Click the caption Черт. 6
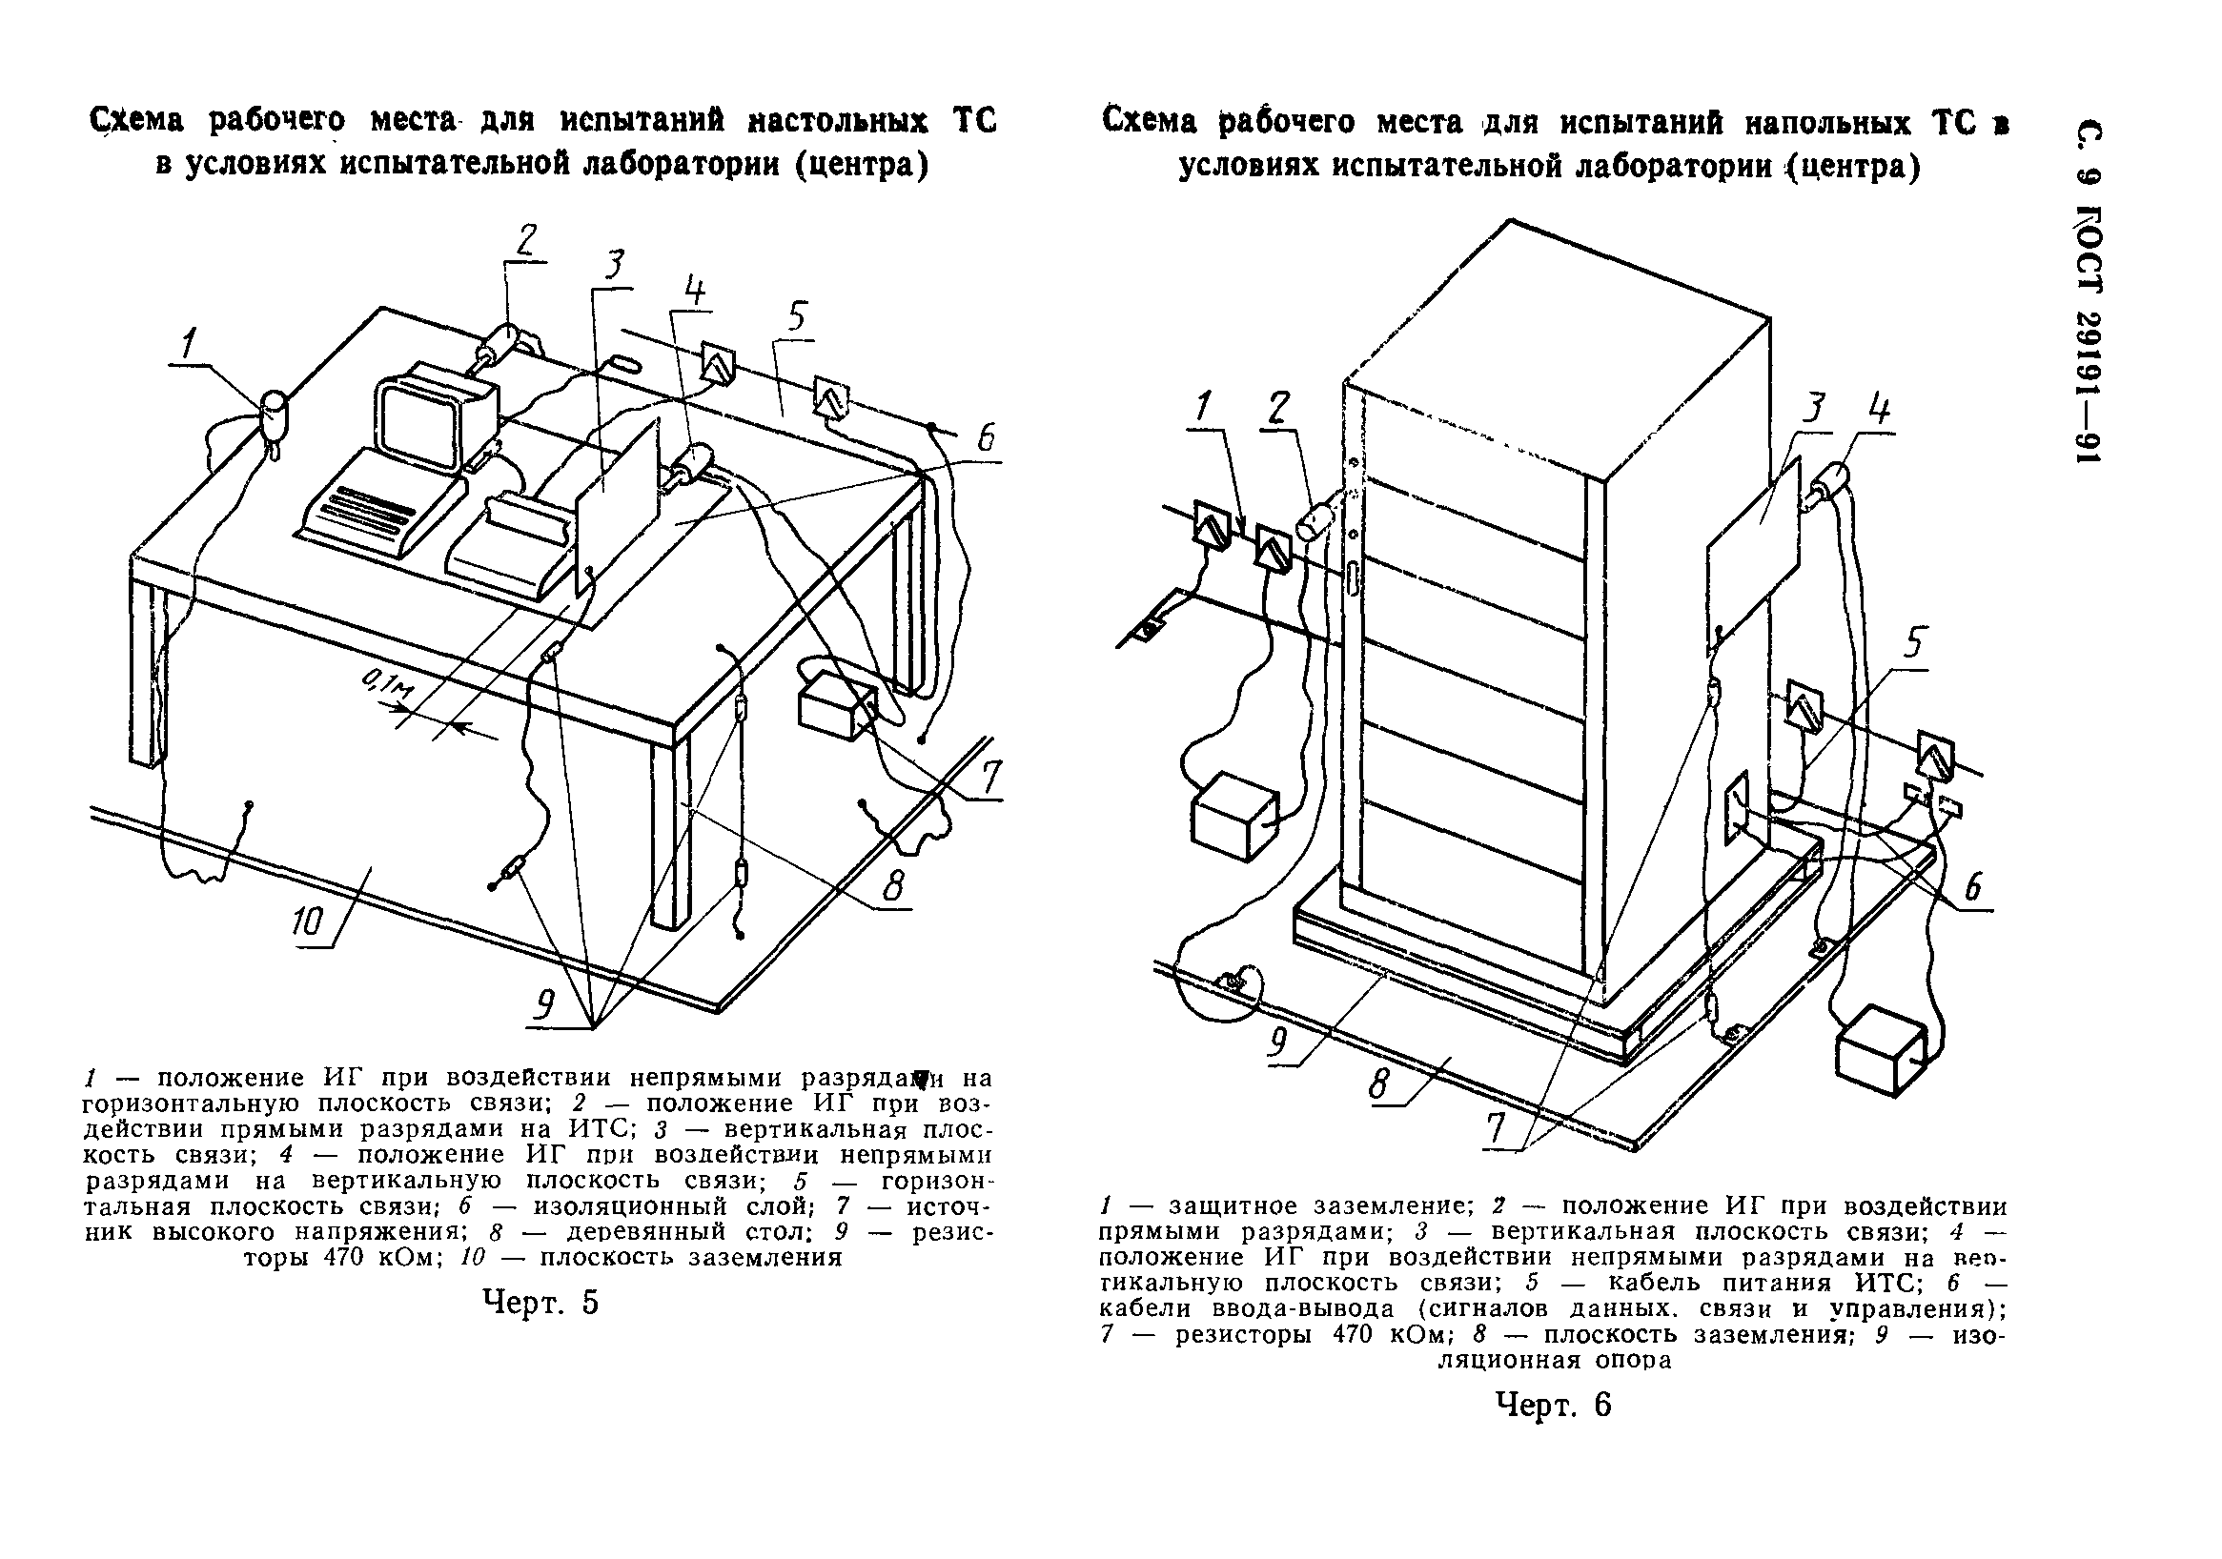(x=1554, y=1405)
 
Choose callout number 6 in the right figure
(x=1971, y=886)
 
